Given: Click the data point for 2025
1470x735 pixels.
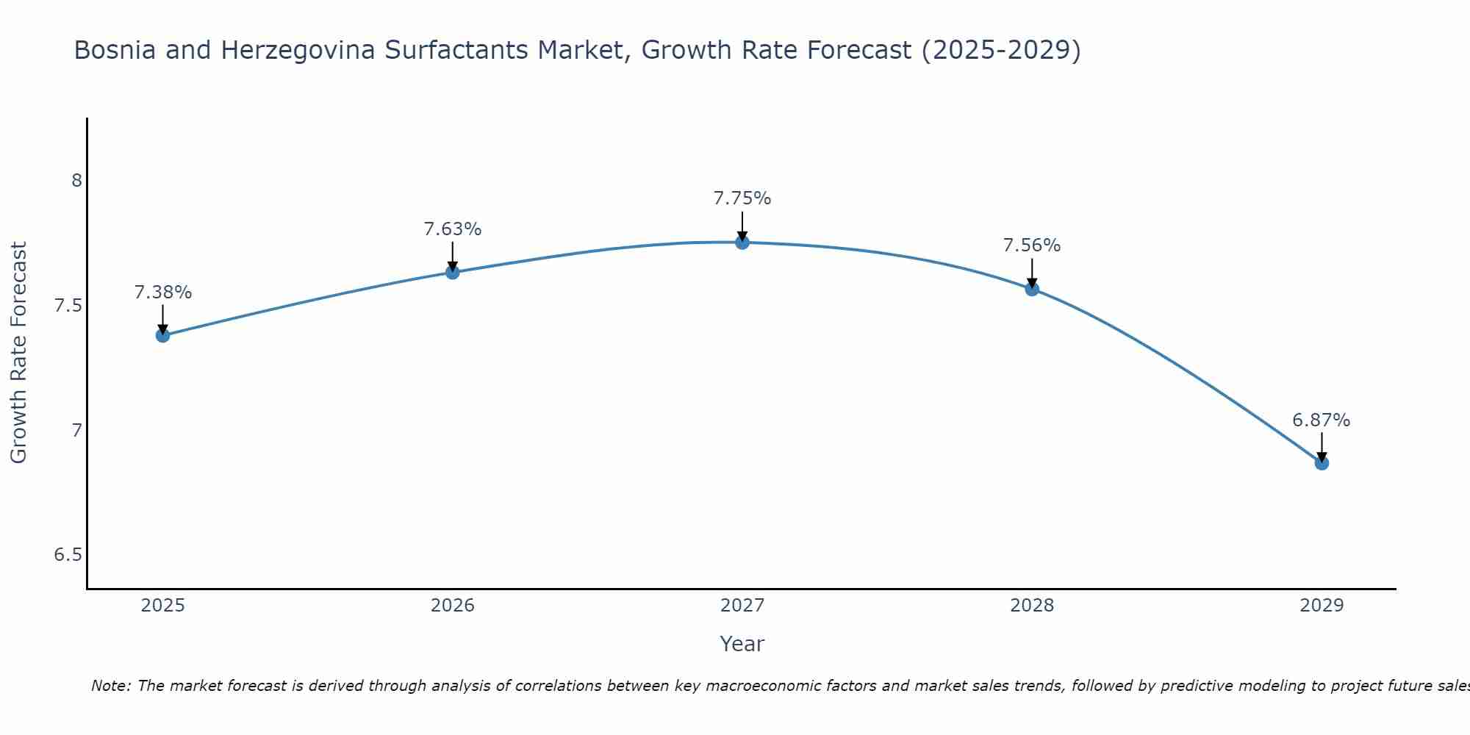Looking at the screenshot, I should [x=162, y=335].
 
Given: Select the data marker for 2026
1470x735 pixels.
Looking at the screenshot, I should [x=452, y=272].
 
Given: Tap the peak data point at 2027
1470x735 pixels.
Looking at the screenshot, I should [x=742, y=242].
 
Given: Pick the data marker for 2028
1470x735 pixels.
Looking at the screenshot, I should [x=1032, y=289].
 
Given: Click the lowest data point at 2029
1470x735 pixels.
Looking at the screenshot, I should [x=1322, y=463].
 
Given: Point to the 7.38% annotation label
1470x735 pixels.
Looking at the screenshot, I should [x=162, y=293].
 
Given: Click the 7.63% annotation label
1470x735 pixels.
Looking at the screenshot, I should [x=452, y=229].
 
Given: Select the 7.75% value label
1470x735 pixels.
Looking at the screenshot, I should [x=742, y=198].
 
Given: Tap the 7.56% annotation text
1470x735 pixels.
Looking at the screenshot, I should [x=1032, y=245].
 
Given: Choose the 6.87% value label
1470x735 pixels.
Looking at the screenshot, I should [x=1322, y=420].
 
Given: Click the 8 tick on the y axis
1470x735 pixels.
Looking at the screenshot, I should [x=76, y=181].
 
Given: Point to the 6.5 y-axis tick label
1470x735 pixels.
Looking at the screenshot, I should [x=68, y=555].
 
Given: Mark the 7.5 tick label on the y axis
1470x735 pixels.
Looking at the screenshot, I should [x=68, y=306].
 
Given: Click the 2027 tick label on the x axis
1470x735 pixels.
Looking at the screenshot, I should [x=742, y=606].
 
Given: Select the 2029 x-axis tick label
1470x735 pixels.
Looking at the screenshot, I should [x=1322, y=606].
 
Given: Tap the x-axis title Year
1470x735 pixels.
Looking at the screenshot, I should [x=742, y=644].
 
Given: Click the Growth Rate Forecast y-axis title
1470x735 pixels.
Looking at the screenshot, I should [x=19, y=353].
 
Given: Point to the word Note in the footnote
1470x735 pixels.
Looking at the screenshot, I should [x=110, y=686].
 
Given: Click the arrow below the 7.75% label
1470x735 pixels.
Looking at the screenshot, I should [x=742, y=225].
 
